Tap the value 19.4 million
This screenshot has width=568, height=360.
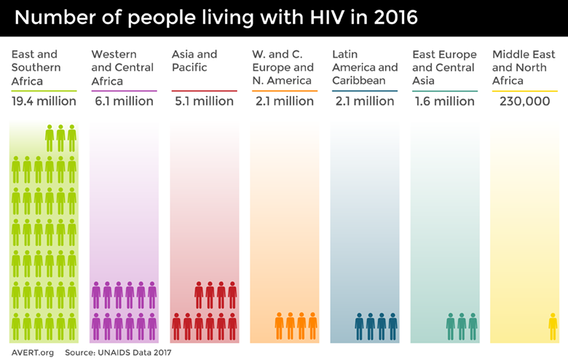click(44, 101)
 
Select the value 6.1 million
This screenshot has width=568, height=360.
click(124, 101)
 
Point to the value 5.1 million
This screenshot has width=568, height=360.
click(204, 101)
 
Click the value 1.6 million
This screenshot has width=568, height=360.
click(444, 101)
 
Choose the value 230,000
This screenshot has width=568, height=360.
click(524, 101)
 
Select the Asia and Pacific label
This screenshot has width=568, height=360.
click(194, 61)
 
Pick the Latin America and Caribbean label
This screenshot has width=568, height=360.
click(365, 68)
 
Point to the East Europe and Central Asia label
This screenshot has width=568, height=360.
click(444, 68)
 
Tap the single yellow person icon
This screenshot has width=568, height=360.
click(553, 326)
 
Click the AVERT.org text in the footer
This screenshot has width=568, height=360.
click(32, 352)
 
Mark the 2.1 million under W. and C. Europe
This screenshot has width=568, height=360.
click(284, 101)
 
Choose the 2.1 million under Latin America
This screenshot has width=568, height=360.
click(364, 101)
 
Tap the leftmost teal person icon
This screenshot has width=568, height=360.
click(450, 326)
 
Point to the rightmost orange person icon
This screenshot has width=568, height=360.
click(312, 326)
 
